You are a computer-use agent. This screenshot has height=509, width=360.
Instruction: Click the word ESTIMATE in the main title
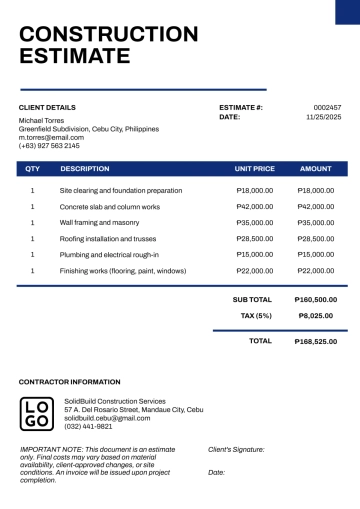pyautogui.click(x=75, y=56)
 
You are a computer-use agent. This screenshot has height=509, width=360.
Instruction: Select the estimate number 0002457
pyautogui.click(x=327, y=107)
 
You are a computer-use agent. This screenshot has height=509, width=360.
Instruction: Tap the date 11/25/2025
pyautogui.click(x=324, y=117)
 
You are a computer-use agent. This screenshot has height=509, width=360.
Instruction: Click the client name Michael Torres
pyautogui.click(x=41, y=120)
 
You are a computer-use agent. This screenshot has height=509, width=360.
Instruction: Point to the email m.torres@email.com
pyautogui.click(x=51, y=137)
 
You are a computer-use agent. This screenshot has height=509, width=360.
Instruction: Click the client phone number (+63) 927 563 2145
pyautogui.click(x=49, y=146)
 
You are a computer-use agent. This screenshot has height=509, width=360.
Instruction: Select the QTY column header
pyautogui.click(x=33, y=169)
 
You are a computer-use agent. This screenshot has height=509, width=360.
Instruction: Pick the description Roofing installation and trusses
pyautogui.click(x=108, y=238)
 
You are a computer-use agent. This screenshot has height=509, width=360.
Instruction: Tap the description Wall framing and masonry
pyautogui.click(x=99, y=222)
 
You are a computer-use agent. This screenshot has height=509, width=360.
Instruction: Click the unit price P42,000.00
pyautogui.click(x=255, y=206)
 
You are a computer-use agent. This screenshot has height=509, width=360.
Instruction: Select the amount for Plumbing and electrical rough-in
pyautogui.click(x=316, y=254)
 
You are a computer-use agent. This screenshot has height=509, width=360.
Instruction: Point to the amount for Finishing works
pyautogui.click(x=316, y=270)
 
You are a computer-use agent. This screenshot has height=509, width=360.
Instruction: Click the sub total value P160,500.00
pyautogui.click(x=316, y=299)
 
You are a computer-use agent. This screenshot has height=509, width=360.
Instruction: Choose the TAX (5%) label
pyautogui.click(x=256, y=315)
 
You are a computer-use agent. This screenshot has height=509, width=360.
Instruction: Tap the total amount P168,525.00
pyautogui.click(x=316, y=341)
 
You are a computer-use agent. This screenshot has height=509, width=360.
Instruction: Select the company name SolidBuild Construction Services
pyautogui.click(x=115, y=401)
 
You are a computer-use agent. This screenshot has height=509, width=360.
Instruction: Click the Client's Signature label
pyautogui.click(x=236, y=450)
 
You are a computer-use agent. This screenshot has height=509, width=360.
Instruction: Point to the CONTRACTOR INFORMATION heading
pyautogui.click(x=69, y=382)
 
